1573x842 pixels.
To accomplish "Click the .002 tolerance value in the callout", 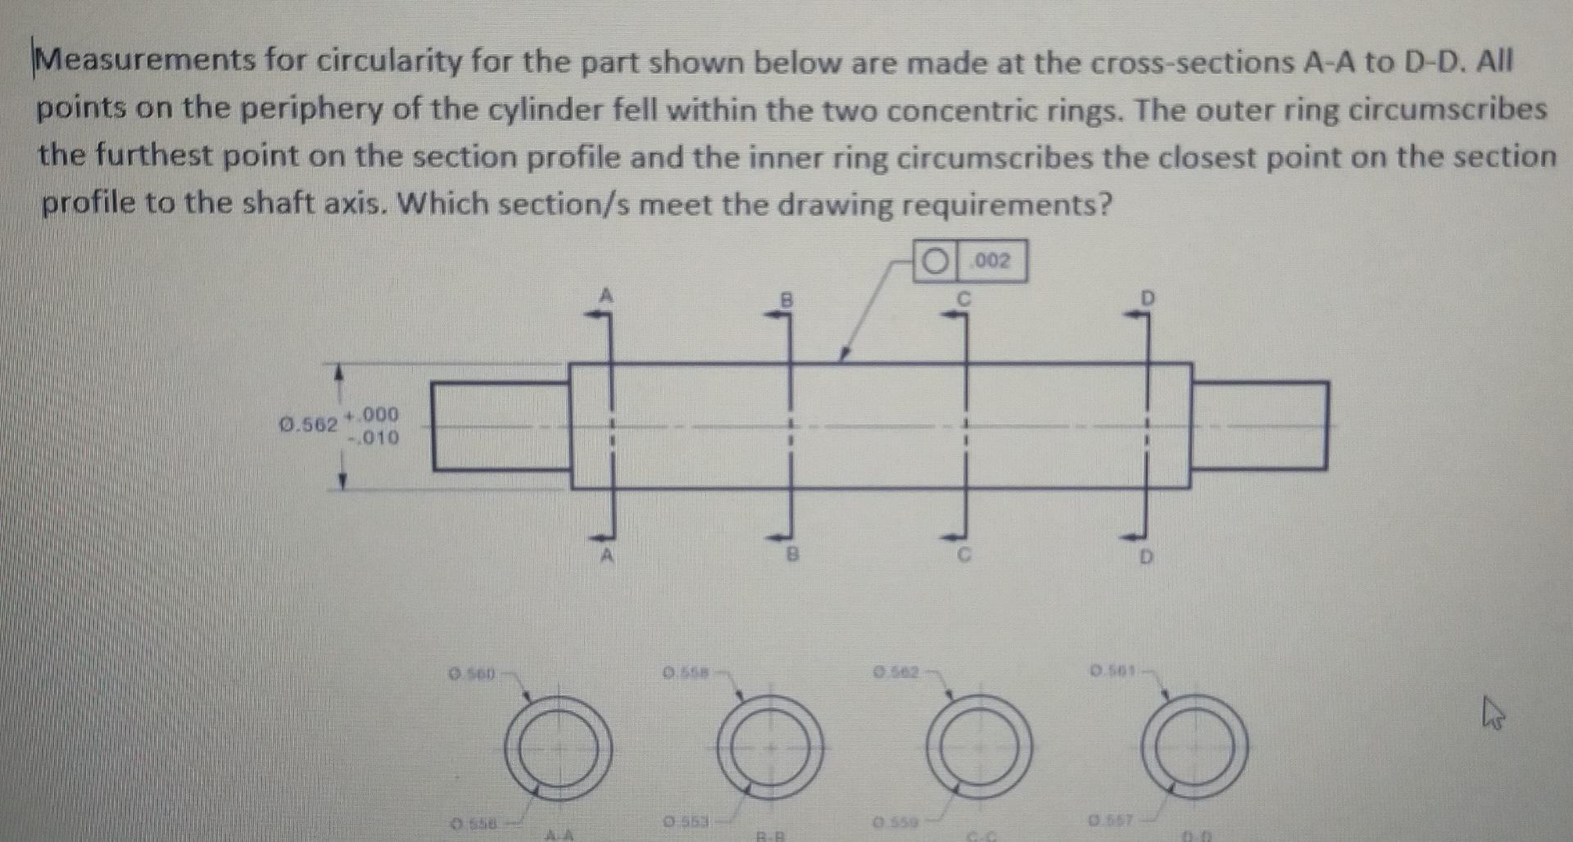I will point(992,261).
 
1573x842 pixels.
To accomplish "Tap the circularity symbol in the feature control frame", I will point(933,261).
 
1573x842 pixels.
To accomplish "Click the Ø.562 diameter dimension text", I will point(308,425).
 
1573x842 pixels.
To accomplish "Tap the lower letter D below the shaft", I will point(1146,559).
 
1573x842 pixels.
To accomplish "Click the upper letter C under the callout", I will point(964,299).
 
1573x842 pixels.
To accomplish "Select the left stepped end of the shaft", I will point(501,426).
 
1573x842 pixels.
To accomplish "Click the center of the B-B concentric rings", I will point(769,746).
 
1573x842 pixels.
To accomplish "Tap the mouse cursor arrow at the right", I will point(1494,718).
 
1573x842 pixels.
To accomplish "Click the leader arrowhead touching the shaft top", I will point(841,355).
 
